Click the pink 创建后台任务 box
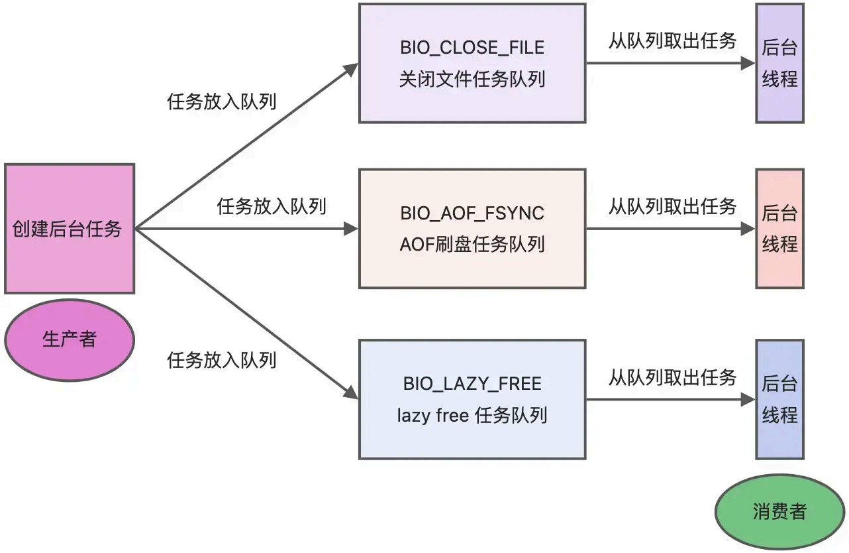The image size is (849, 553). pos(70,229)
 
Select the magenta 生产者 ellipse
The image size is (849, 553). pos(70,339)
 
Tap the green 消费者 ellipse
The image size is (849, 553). pos(779,511)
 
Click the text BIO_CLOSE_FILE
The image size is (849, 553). pos(472,48)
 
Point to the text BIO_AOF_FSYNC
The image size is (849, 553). pos(472,214)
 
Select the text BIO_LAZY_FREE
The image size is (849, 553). pos(472,384)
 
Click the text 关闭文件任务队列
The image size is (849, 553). pos(472,80)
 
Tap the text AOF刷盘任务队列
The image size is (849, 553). pos(472,244)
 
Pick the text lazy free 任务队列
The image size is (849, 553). pos(472,416)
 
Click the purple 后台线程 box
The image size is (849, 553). pos(779,63)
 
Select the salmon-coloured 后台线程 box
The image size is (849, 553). pos(779,229)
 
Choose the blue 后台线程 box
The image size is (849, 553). pos(779,399)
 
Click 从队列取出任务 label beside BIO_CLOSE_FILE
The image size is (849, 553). pos(672,41)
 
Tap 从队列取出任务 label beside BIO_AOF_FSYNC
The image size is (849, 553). pos(672,207)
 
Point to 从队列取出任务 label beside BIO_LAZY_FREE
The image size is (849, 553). pos(672,378)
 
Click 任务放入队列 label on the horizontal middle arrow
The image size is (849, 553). pos(272,207)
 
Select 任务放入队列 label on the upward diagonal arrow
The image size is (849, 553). pos(221,102)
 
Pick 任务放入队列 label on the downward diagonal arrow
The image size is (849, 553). pos(221,361)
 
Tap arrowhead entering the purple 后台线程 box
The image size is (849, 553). pos(748,64)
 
